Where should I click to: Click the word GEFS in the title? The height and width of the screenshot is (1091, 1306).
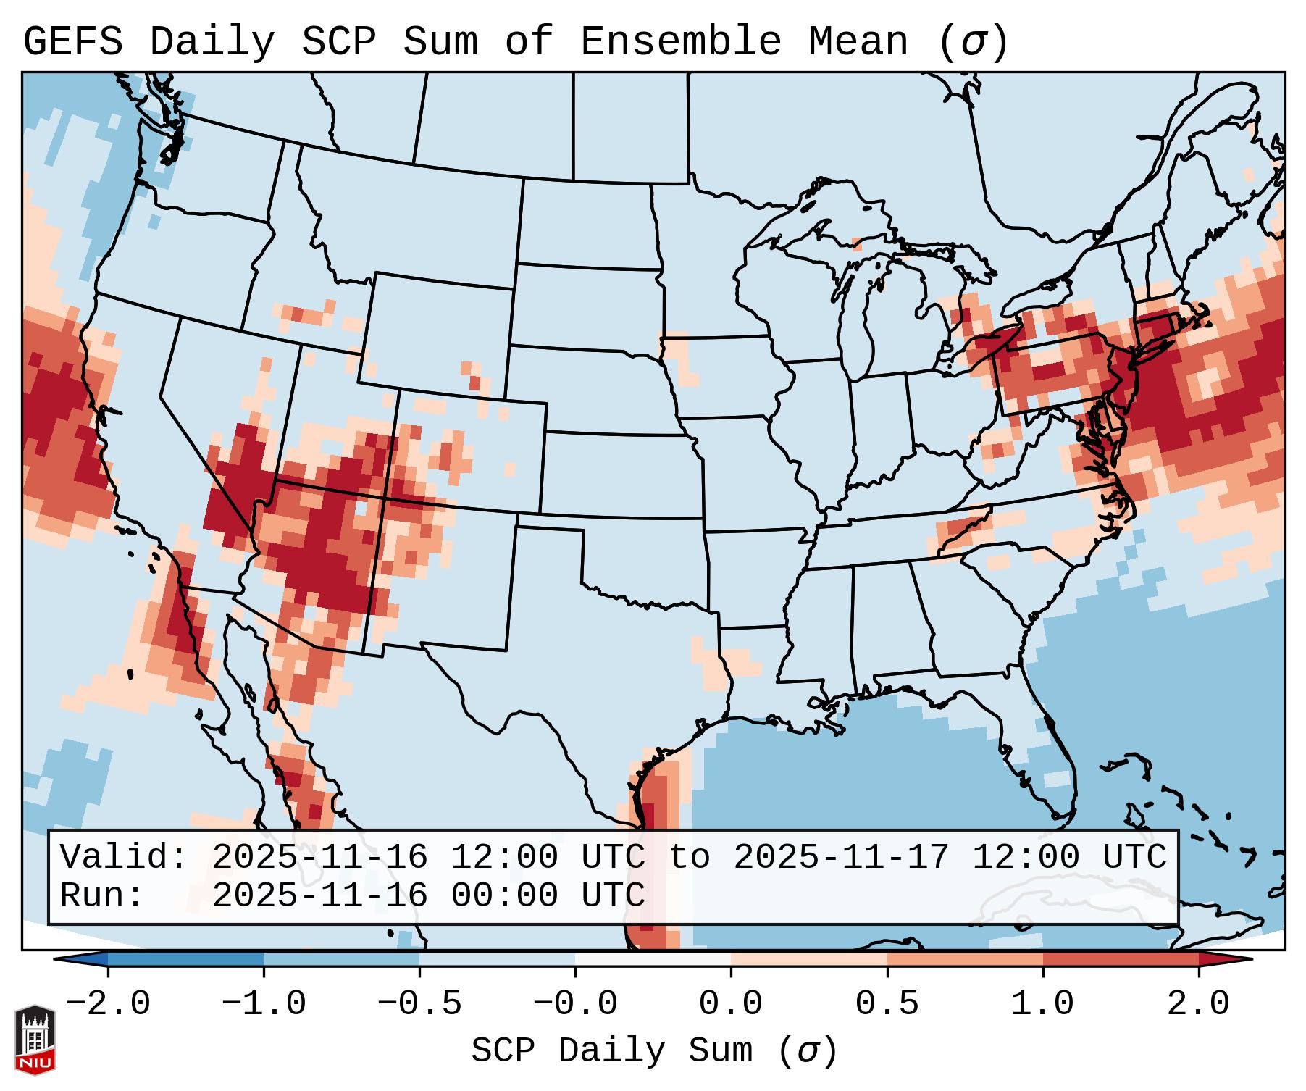72,42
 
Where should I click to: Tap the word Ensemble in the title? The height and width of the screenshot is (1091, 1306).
680,42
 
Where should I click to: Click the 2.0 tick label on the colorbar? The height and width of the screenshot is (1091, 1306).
1198,1004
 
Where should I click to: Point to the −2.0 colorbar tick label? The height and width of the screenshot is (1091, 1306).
108,1004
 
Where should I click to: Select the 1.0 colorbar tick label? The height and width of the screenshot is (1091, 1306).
1042,1004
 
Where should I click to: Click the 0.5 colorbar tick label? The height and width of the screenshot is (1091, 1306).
887,1004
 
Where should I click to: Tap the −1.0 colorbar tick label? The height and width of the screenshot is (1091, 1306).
264,1004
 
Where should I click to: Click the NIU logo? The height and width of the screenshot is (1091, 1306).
35,1040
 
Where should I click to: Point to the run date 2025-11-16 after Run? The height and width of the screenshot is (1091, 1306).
319,895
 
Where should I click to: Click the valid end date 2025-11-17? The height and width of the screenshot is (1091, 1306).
841,857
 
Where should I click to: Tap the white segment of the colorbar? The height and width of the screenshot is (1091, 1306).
653,959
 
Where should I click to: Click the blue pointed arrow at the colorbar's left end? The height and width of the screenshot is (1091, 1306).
80,959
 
